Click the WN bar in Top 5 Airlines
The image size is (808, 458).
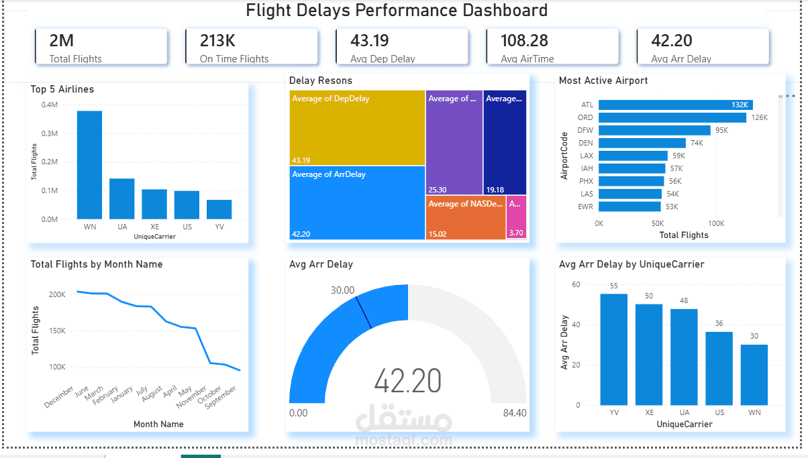89,165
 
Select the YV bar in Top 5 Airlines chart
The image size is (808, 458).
219,209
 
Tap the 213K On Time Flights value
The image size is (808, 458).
217,41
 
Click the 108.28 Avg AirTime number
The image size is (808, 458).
524,41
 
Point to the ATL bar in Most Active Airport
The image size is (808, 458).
674,105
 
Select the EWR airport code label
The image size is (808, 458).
586,207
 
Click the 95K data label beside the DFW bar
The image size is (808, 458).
721,130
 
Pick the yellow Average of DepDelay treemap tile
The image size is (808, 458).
357,127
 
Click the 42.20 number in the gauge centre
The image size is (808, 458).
407,381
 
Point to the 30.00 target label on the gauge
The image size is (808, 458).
342,290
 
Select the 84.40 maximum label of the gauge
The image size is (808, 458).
515,412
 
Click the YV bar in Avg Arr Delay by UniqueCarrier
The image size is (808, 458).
613,349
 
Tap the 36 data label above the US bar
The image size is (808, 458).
719,324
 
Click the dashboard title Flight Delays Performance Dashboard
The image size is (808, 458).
397,11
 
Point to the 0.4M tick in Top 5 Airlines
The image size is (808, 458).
50,105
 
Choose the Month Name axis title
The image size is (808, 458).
158,424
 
